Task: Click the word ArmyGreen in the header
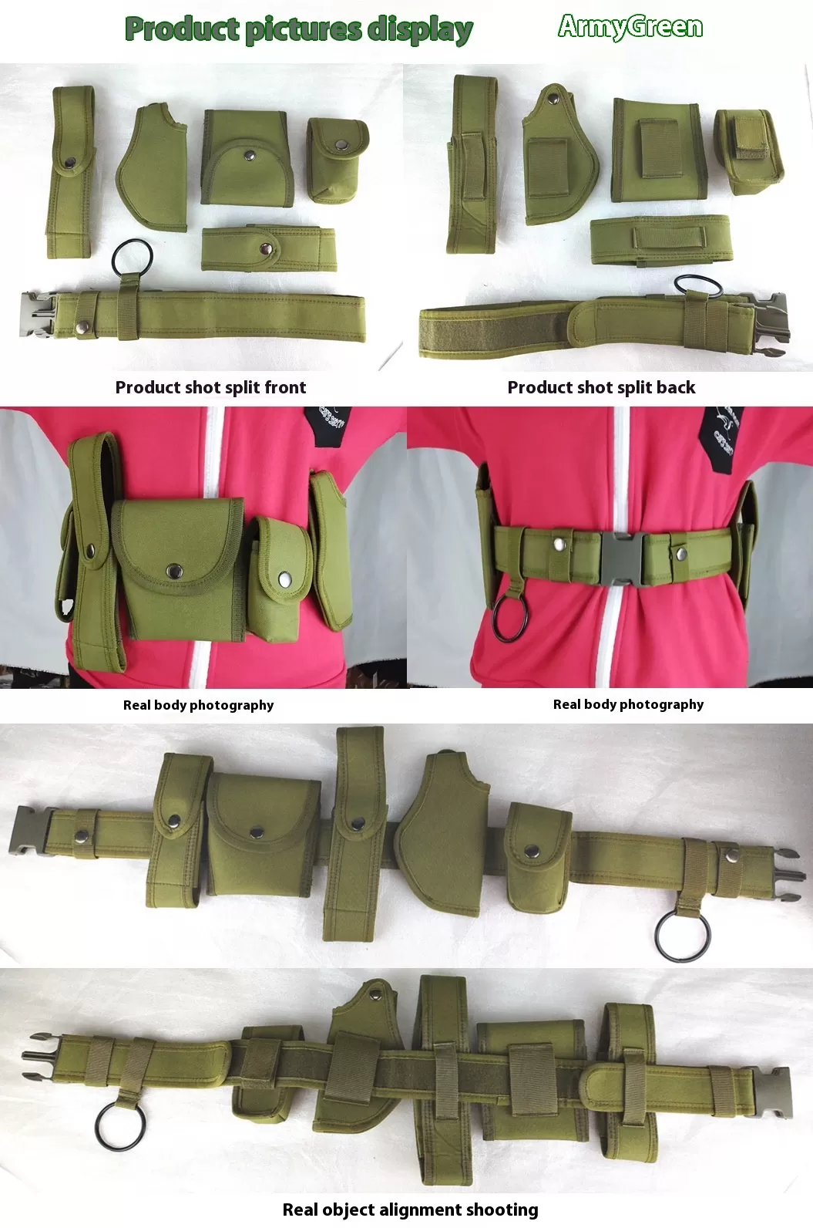point(630,28)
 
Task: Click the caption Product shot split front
point(210,387)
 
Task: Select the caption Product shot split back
point(601,387)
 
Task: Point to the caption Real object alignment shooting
point(410,1209)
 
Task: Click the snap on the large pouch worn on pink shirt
point(174,571)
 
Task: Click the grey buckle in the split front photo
point(37,315)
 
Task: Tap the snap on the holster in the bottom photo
point(375,990)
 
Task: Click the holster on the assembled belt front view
point(443,832)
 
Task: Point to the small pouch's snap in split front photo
point(343,145)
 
